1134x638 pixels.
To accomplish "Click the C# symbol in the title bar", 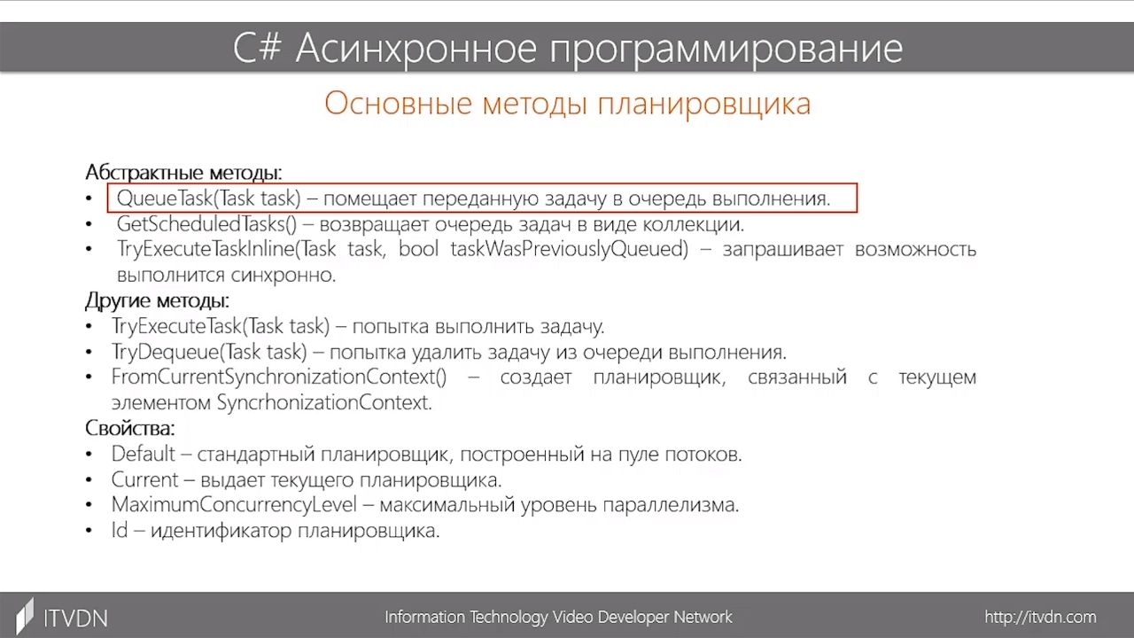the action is point(257,49).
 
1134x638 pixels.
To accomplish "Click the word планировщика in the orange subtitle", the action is point(704,105).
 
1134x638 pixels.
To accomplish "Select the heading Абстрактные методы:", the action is point(183,173).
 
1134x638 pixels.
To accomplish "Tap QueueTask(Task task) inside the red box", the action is point(208,198).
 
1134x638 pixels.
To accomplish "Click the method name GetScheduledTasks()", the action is point(206,224).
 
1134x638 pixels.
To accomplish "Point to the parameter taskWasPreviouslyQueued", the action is point(570,249).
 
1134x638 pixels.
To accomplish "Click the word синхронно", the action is point(283,275).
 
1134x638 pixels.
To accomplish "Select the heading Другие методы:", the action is point(157,300).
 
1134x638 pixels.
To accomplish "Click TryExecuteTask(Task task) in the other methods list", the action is point(221,326).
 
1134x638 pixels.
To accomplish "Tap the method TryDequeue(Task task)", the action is point(210,352).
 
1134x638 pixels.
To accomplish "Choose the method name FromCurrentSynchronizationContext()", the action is point(279,377).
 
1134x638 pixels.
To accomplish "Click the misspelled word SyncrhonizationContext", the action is point(324,402).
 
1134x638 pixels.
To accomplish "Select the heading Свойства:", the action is point(129,428).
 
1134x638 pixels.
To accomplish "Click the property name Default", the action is point(144,454).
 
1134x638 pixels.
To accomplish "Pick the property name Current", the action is point(144,479).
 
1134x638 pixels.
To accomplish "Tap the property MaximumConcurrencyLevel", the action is point(234,505).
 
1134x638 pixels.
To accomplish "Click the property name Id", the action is point(120,530).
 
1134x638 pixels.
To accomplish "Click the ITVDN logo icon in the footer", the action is point(24,616).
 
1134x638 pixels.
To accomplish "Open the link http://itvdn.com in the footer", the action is point(1040,617).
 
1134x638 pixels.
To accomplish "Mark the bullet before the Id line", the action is point(89,531).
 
